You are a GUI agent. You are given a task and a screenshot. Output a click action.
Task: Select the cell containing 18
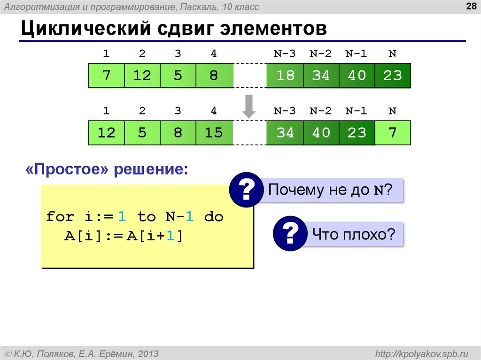285,75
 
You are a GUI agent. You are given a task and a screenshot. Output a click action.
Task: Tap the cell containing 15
214,133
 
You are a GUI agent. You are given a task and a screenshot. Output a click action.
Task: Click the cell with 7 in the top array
107,75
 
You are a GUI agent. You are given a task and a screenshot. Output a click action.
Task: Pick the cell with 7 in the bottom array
393,132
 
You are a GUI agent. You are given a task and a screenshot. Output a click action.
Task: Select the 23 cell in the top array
393,75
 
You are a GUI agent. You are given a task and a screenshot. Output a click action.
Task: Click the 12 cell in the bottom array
107,133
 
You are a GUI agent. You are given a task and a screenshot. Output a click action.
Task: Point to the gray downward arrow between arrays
248,107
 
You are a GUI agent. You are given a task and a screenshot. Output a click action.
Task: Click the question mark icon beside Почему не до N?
245,190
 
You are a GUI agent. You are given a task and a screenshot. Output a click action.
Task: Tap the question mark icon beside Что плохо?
289,233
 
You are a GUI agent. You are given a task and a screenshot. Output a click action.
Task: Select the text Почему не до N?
330,190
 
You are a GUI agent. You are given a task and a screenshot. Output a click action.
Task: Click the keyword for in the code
60,217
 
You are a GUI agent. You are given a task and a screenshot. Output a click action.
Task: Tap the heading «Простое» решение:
106,169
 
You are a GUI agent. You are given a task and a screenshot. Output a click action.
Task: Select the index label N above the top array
392,54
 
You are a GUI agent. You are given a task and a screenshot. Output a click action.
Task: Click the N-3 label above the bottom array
285,111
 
